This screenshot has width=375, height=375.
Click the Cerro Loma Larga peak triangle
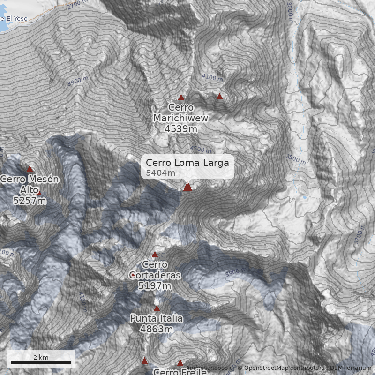click(187, 187)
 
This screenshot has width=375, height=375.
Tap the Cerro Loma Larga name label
click(187, 163)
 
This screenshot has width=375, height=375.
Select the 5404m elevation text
click(160, 173)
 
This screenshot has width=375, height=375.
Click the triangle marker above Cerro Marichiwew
click(181, 97)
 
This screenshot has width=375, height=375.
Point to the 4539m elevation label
click(181, 128)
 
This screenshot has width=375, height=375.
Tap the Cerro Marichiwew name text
click(181, 113)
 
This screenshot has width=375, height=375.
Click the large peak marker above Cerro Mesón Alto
click(30, 169)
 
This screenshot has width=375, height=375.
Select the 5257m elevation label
click(30, 201)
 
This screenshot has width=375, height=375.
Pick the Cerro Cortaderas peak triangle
click(155, 255)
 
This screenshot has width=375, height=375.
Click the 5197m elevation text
click(155, 285)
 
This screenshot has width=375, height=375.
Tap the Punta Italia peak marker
click(157, 308)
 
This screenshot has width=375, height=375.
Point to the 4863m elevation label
click(157, 329)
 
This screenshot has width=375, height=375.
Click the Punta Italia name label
click(157, 319)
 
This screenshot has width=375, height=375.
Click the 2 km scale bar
click(41, 362)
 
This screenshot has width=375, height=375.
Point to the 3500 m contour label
click(296, 159)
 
